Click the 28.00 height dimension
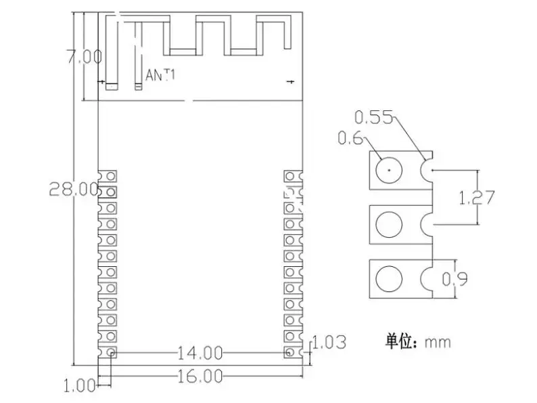(73, 189)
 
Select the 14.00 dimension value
(200, 353)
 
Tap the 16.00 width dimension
(200, 375)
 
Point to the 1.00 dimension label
(79, 386)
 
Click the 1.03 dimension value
(329, 343)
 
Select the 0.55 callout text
(373, 118)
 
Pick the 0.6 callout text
(350, 138)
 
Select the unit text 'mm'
(437, 341)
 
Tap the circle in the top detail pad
(390, 168)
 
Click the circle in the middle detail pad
(390, 224)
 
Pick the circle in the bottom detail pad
(390, 279)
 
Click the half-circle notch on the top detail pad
(427, 169)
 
